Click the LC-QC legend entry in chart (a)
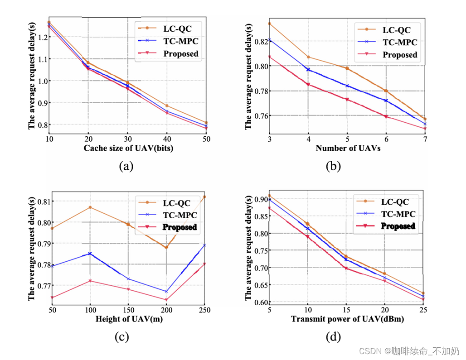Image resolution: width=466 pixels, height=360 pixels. tap(170, 28)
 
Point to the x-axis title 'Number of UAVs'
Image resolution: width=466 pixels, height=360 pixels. tap(347, 148)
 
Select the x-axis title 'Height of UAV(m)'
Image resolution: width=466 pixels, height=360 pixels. tap(129, 319)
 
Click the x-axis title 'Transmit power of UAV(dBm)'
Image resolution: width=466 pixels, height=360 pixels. tap(347, 319)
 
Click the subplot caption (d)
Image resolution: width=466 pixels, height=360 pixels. tap(333, 337)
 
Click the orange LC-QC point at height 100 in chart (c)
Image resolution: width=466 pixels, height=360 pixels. tap(90, 207)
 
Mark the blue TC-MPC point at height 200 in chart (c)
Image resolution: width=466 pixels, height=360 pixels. tap(166, 292)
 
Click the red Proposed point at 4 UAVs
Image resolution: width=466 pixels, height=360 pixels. tap(308, 84)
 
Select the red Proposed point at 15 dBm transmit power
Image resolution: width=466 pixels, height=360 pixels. tap(346, 268)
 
